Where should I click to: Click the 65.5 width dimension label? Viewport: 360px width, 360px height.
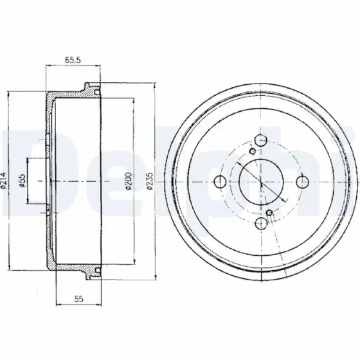[x=73, y=60]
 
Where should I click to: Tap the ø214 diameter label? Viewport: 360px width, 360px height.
[x=4, y=181]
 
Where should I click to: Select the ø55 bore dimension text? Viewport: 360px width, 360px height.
[x=22, y=181]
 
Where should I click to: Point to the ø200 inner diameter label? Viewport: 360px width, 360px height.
[x=129, y=181]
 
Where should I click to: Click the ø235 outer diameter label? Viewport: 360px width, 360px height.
[x=149, y=181]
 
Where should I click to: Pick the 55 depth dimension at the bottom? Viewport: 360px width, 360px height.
[x=78, y=299]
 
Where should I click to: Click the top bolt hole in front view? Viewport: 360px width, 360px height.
[x=261, y=140]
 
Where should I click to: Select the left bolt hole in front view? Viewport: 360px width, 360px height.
[x=220, y=181]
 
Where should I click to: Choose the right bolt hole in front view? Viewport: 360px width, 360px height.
[x=302, y=182]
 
